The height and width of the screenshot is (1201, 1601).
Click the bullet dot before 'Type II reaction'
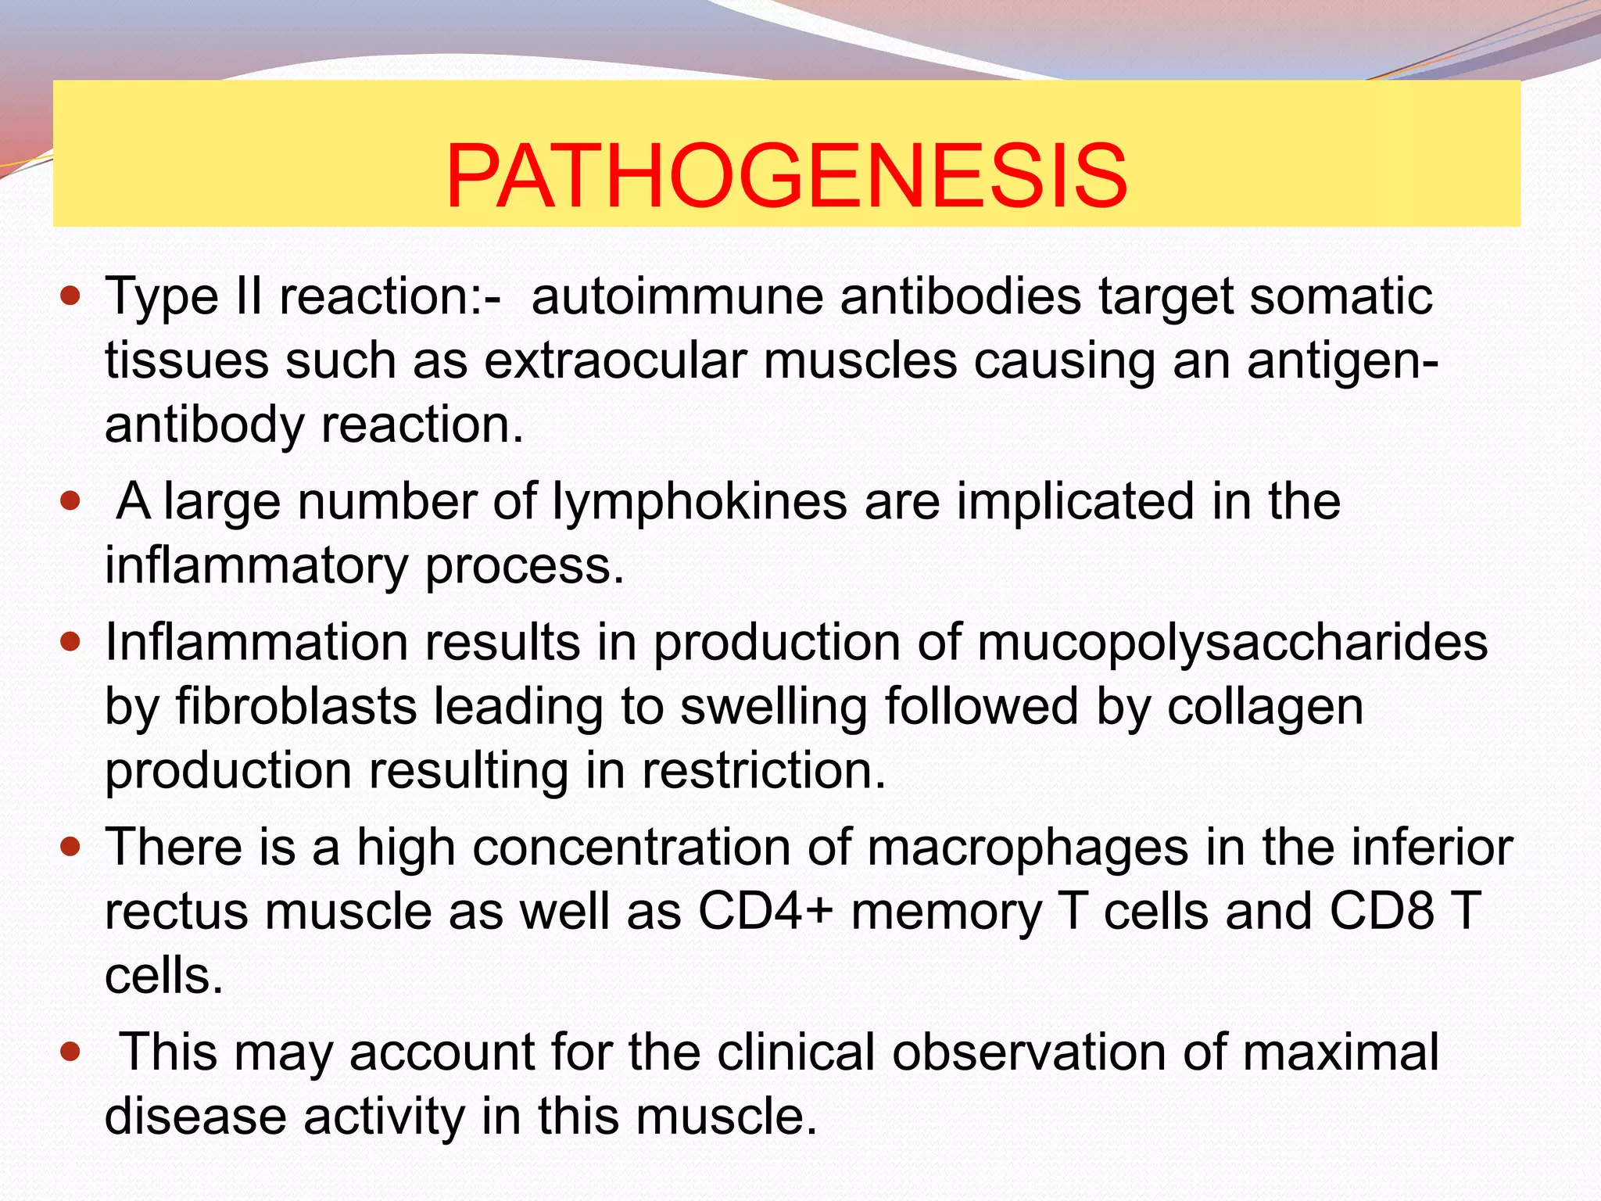pos(70,297)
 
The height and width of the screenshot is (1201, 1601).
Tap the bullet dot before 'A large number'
pos(70,501)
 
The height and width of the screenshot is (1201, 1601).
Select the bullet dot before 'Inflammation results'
pos(70,643)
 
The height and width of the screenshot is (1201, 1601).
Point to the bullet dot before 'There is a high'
pos(70,847)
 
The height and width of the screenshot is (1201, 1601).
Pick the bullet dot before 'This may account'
pos(70,1052)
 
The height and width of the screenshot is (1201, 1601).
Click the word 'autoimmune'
pos(677,297)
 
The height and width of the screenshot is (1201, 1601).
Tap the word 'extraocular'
pos(614,361)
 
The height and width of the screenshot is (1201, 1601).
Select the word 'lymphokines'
pos(700,501)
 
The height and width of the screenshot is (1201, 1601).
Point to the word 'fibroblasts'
pos(296,707)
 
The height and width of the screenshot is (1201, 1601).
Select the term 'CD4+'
pos(765,912)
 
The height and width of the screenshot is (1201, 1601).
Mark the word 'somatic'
pos(1341,297)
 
